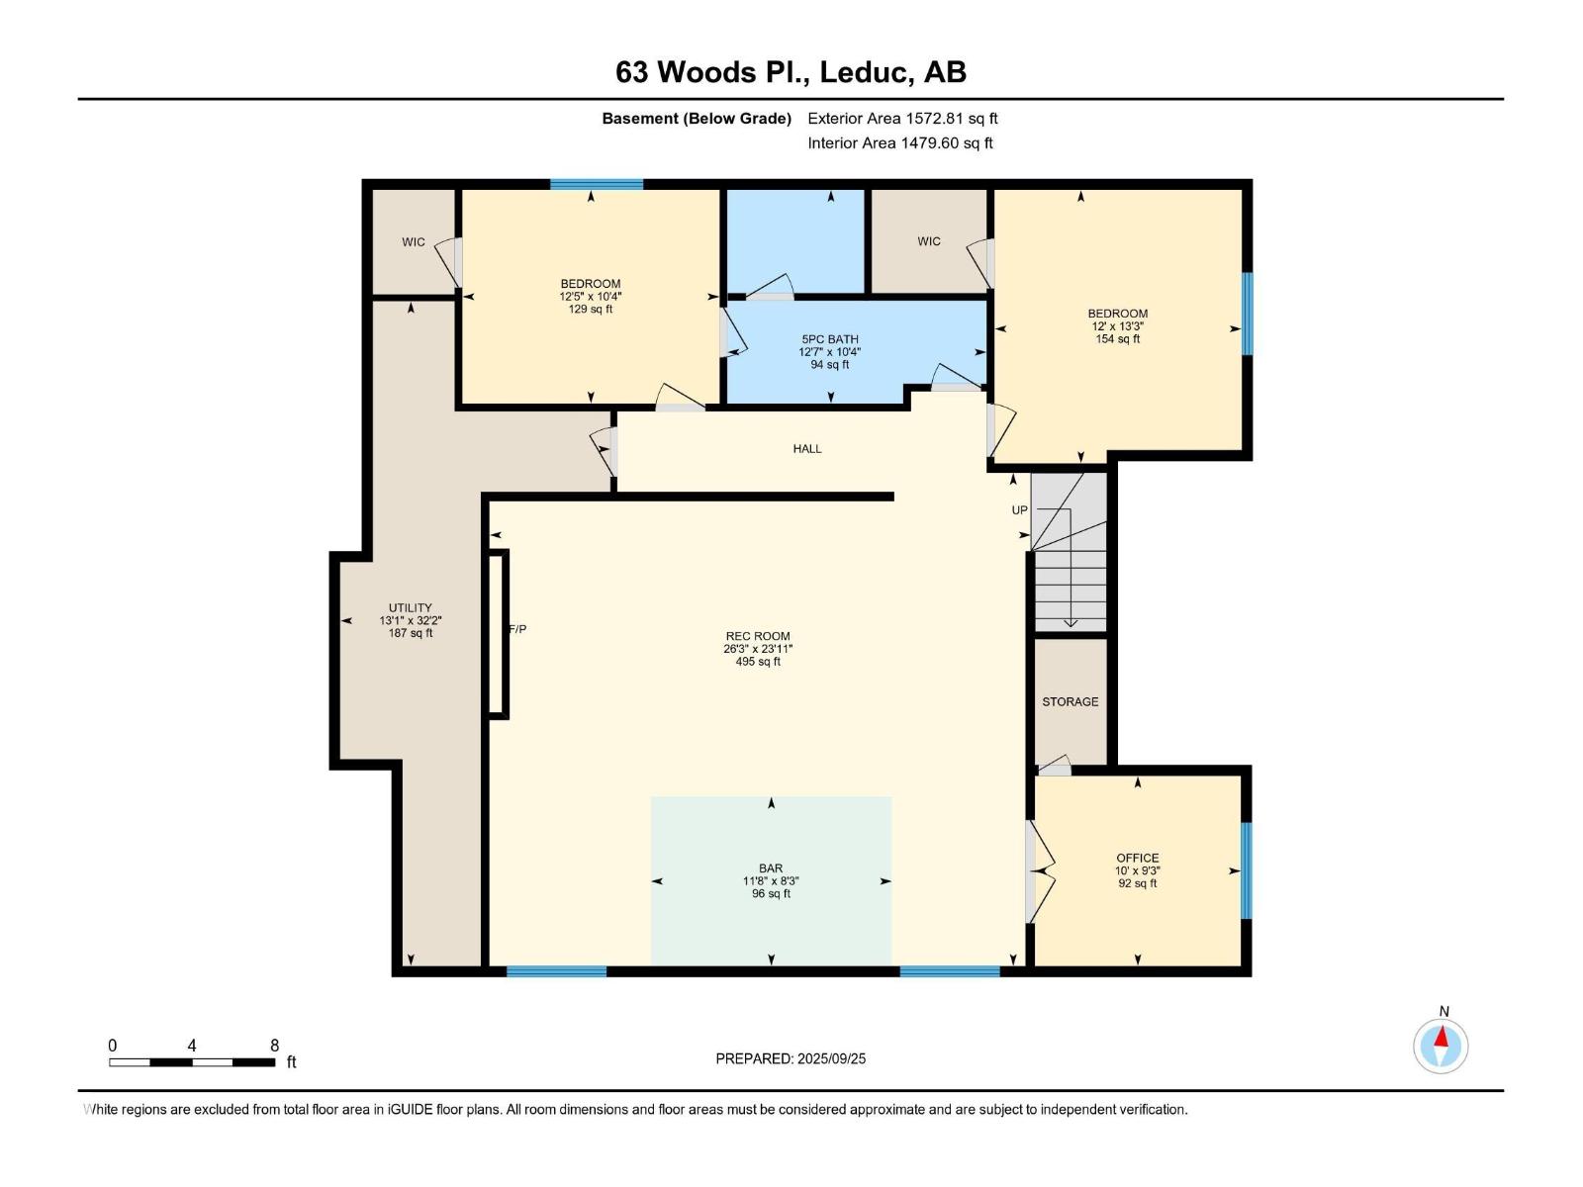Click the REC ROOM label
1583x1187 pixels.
point(757,636)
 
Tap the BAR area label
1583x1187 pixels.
point(770,868)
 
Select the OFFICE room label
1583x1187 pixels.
point(1138,858)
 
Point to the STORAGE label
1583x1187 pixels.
point(1071,701)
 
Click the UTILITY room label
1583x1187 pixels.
point(411,607)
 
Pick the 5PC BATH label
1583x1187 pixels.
point(830,339)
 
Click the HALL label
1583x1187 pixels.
point(807,448)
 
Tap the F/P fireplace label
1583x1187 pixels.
point(517,629)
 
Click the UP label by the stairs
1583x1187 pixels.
point(1019,510)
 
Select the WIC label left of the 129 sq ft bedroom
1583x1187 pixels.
point(414,242)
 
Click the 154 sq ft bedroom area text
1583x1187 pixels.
point(1117,338)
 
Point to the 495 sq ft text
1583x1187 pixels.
point(757,662)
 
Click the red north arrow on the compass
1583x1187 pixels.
point(1441,1037)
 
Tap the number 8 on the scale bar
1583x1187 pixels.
point(274,1046)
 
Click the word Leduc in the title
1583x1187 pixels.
point(863,72)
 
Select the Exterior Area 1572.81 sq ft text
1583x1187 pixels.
point(902,118)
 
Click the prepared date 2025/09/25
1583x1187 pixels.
point(831,1058)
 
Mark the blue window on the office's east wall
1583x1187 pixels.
point(1247,870)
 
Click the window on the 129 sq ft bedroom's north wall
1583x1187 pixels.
point(597,185)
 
